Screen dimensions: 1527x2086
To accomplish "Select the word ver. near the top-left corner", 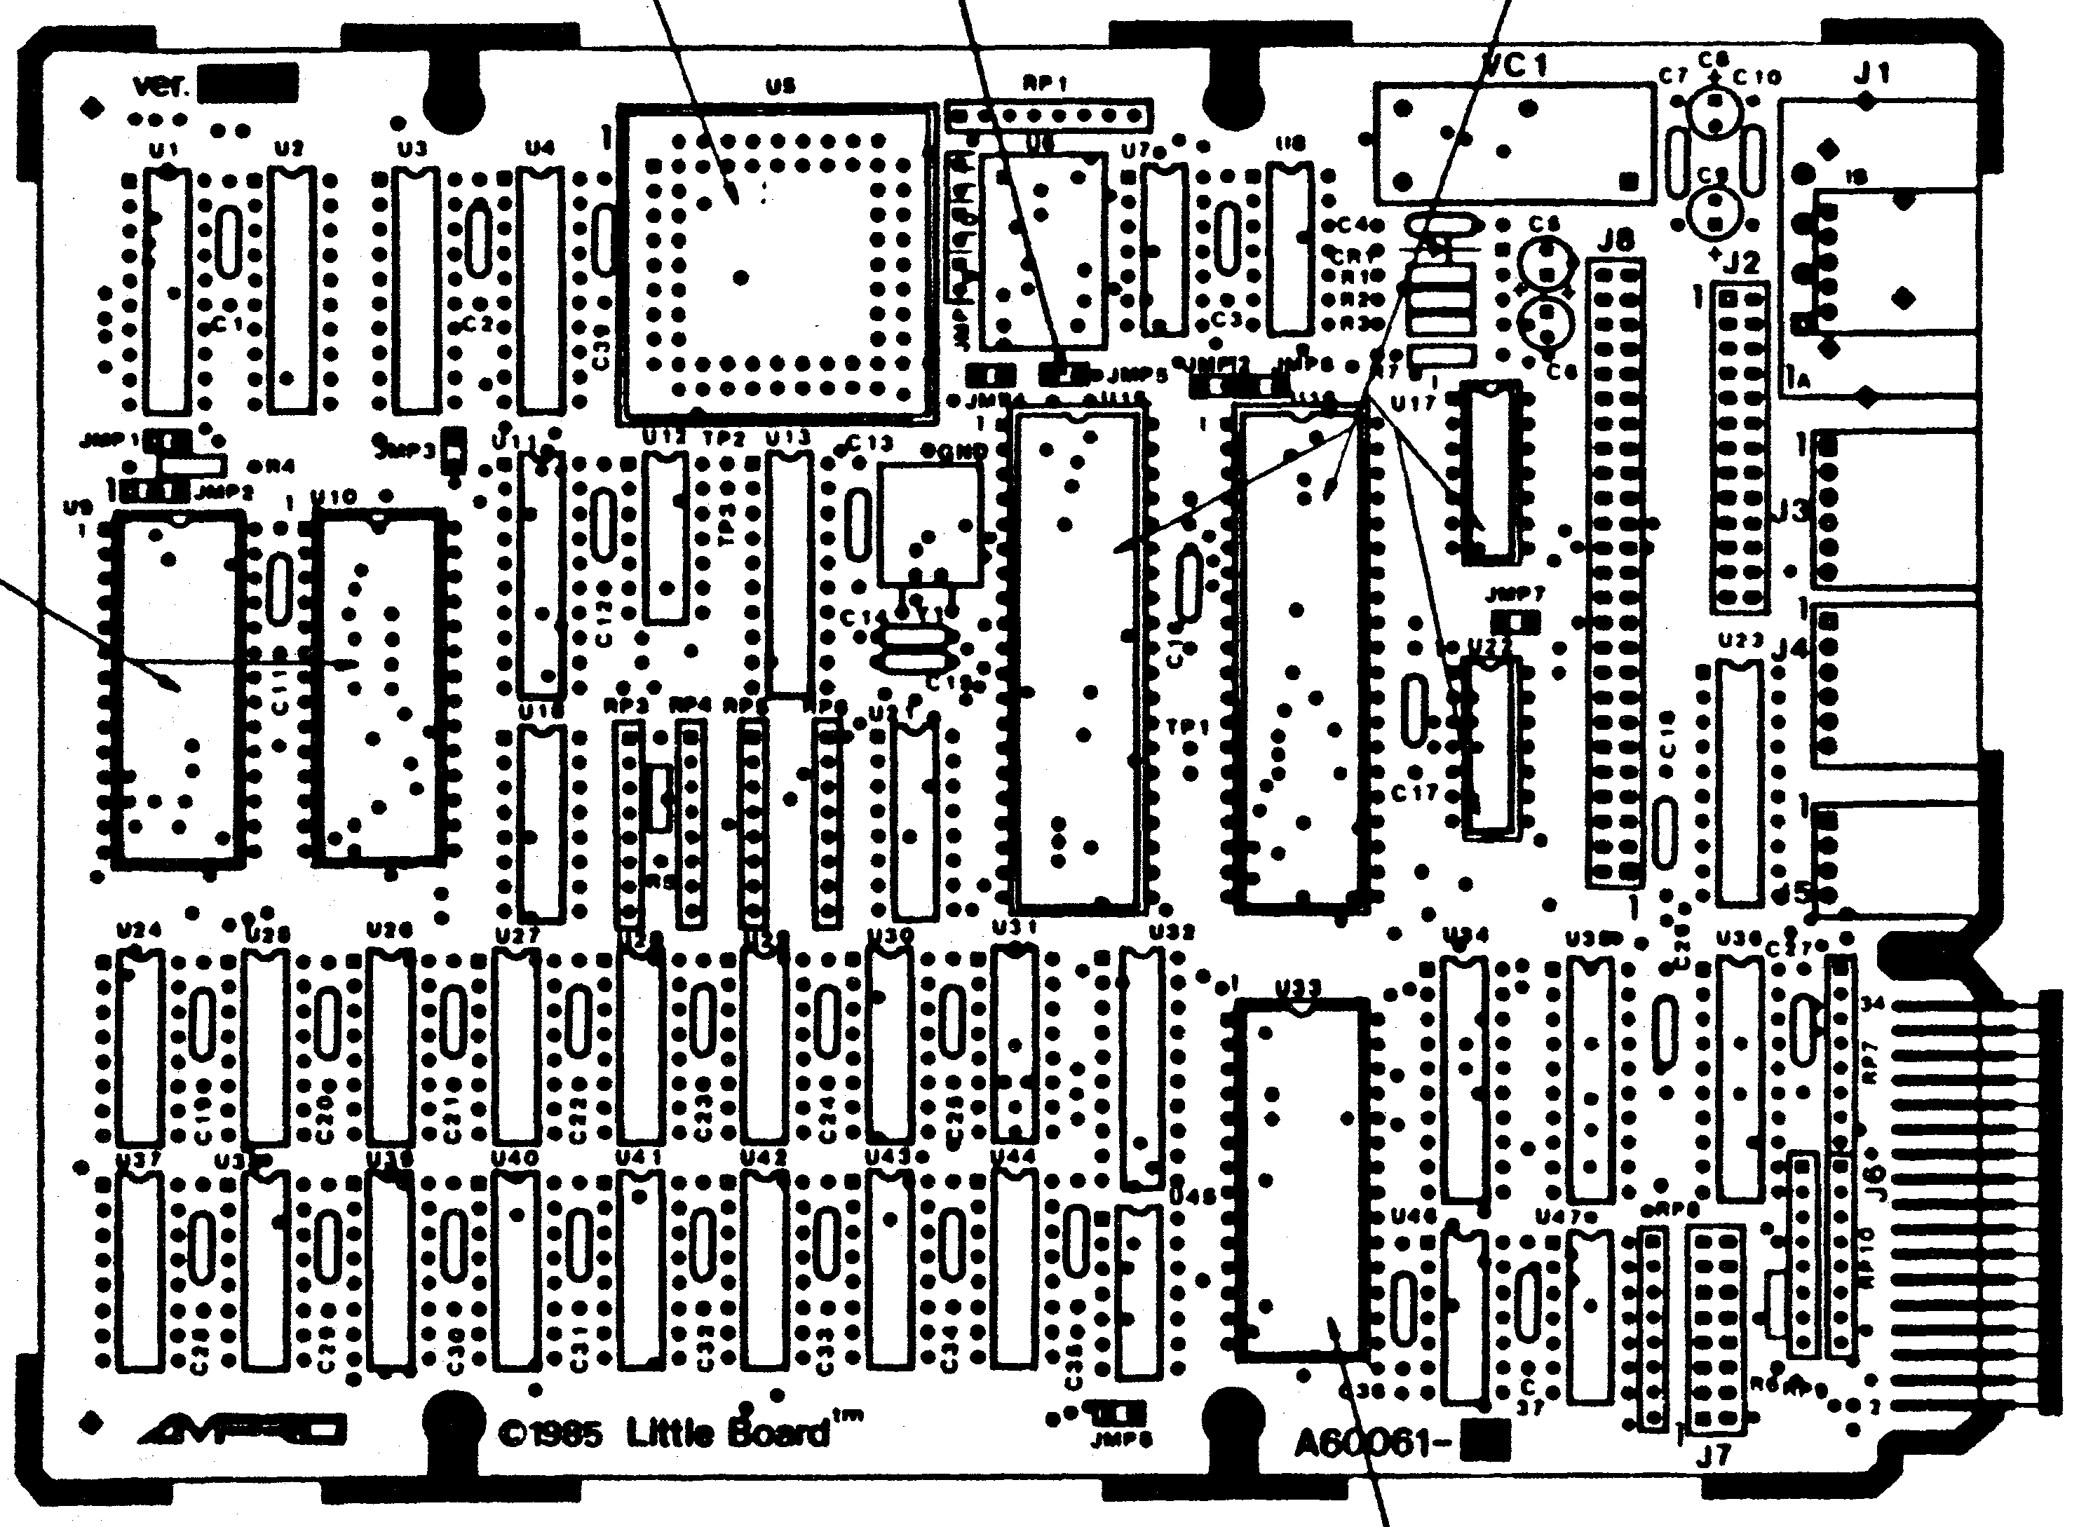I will point(161,85).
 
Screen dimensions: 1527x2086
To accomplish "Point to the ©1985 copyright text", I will point(550,1434).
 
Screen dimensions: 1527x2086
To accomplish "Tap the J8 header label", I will point(1616,241).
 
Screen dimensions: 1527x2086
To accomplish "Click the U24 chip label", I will point(140,930).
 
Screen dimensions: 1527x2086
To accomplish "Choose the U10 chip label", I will point(333,497).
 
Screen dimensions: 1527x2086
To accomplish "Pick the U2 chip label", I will point(290,149).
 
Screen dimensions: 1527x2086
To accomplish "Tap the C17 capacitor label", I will point(1414,792).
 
